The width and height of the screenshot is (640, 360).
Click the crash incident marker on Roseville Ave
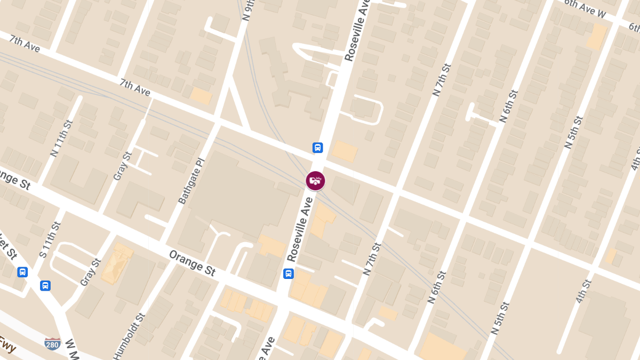click(315, 181)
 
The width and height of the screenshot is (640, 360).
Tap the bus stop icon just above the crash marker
click(317, 148)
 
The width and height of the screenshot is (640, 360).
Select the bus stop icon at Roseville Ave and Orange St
click(288, 274)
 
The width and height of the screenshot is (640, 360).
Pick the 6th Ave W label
click(585, 9)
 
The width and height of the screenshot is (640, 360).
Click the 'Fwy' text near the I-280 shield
click(7, 350)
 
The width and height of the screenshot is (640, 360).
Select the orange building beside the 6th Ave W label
click(597, 37)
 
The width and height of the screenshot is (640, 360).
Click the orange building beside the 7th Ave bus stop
click(345, 151)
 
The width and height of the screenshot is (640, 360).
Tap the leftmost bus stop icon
click(22, 272)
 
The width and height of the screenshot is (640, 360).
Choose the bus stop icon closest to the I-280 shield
click(45, 285)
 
